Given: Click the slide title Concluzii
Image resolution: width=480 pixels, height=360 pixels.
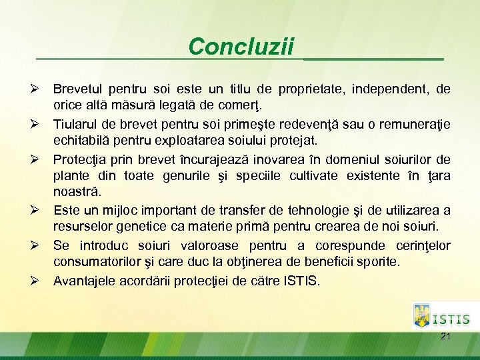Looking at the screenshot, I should (x=241, y=47).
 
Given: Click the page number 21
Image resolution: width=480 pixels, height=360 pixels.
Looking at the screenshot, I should (x=445, y=337).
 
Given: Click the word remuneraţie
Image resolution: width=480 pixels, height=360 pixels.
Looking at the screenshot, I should (x=413, y=124).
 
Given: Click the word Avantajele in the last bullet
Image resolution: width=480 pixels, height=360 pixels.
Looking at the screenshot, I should (x=84, y=281).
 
